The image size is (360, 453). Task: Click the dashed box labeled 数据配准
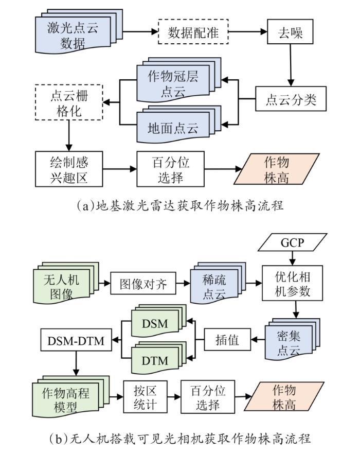(193, 32)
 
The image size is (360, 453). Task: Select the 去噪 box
(290, 32)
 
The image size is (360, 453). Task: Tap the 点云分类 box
(291, 99)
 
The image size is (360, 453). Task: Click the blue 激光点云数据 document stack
(79, 31)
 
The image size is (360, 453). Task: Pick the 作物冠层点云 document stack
(178, 80)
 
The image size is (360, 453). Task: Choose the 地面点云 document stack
(178, 124)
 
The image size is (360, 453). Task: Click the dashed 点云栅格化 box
(69, 102)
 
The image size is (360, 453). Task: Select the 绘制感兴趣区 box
(69, 169)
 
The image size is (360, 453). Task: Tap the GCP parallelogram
(293, 242)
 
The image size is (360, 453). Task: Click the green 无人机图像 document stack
(66, 284)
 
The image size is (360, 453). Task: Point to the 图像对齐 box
(143, 284)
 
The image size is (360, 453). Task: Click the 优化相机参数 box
(292, 283)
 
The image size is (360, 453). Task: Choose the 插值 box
(227, 340)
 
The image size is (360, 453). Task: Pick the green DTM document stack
(159, 358)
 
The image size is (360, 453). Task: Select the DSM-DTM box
(76, 340)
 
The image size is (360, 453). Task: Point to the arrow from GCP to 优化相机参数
(293, 258)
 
